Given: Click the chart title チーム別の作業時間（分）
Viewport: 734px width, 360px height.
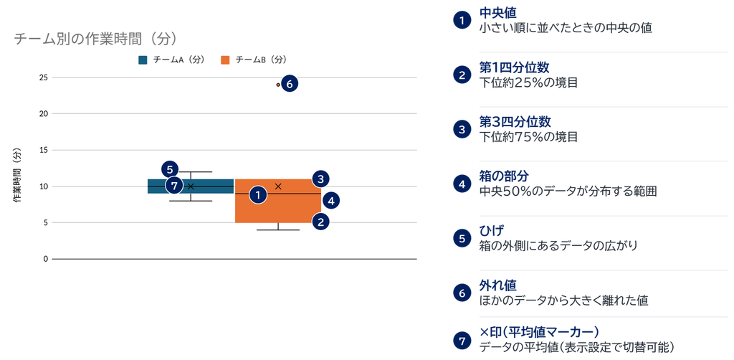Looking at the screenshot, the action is (95, 39).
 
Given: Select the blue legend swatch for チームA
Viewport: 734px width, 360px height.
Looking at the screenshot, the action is (143, 60).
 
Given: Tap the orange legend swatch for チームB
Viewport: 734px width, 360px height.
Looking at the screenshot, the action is (225, 60).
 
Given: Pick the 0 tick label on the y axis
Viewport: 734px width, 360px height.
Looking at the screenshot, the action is (46, 259).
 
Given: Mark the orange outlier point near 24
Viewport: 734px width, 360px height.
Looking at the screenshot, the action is (278, 85).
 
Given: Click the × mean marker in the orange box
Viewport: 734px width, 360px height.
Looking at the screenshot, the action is (278, 186).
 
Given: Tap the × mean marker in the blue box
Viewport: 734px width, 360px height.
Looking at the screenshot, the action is (191, 186).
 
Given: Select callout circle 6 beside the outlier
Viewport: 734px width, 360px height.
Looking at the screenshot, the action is (290, 85).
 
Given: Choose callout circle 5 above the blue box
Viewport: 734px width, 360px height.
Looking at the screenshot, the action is (170, 169).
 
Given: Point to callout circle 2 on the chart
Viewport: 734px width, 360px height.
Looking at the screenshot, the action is (320, 222).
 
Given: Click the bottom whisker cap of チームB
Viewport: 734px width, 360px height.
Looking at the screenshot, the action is (278, 230).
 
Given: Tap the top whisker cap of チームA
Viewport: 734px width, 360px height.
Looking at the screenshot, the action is (191, 172).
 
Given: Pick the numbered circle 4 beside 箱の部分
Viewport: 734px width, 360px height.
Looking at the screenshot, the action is (462, 184).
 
